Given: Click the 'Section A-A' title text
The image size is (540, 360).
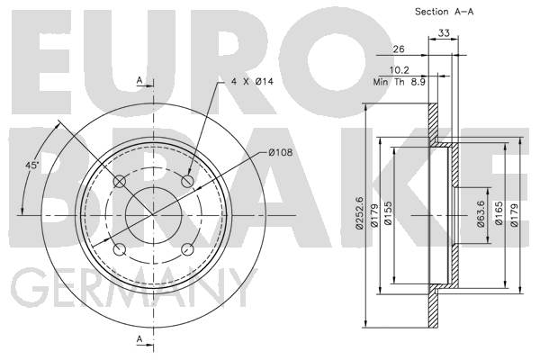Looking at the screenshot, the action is [x=444, y=12].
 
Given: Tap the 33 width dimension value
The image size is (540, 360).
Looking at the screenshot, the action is [x=444, y=33].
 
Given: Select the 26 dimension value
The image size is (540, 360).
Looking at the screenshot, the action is [x=399, y=49].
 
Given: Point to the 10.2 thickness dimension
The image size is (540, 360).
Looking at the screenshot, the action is [x=399, y=70].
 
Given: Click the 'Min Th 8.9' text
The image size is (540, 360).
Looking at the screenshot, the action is [x=399, y=82].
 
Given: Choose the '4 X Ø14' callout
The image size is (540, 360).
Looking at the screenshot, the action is [x=252, y=82].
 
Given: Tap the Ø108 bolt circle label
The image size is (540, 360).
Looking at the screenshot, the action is [x=280, y=152].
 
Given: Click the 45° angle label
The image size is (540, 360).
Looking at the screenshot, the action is [x=32, y=165].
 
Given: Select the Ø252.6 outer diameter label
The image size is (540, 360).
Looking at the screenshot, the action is [x=359, y=213].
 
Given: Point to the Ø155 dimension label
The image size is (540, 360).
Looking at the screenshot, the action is [x=388, y=213].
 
